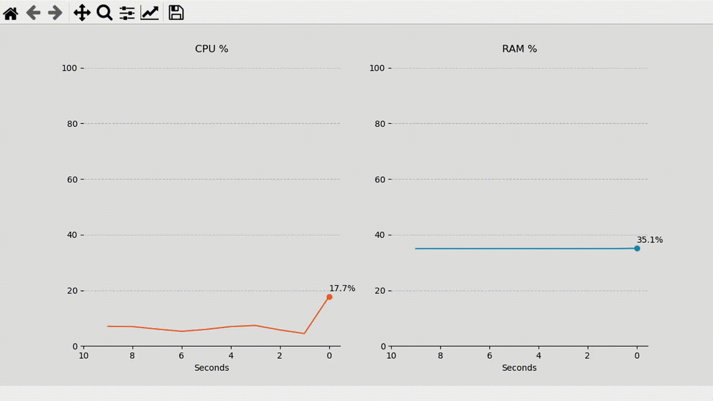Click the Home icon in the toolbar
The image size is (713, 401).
coord(11,12)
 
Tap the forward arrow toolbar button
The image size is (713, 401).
coord(55,12)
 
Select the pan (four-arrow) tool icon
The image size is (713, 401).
coord(81,12)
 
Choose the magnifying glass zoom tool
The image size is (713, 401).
coord(105,12)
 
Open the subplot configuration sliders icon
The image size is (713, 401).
coord(127,12)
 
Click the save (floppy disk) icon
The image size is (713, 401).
coord(176,12)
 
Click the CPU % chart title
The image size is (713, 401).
coord(212,49)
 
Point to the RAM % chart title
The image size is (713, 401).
coord(519,49)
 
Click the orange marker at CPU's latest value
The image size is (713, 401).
coord(329,297)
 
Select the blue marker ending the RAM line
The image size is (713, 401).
coord(637,248)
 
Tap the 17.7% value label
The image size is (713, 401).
coord(342,288)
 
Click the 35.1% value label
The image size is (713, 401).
coord(650,240)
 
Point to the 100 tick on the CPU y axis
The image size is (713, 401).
coord(70,68)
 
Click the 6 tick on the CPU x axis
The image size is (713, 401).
coord(182,356)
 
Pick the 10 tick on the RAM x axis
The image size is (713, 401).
coord(391,356)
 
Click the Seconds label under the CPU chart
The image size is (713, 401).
coord(212,368)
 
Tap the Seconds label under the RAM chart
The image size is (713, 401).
coord(519,368)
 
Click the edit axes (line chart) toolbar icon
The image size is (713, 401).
coord(150,12)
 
